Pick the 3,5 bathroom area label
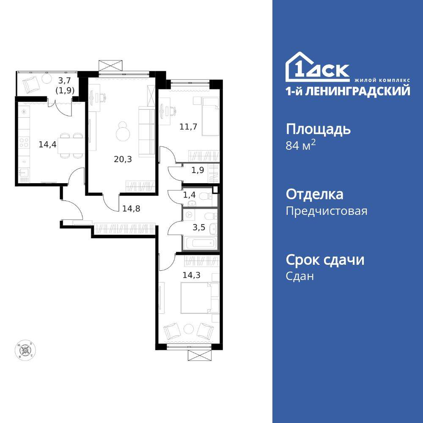[x=198, y=227]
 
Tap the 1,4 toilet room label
[x=189, y=195]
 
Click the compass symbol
[x=25, y=350]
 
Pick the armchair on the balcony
[x=31, y=85]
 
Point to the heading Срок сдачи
[x=325, y=259]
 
